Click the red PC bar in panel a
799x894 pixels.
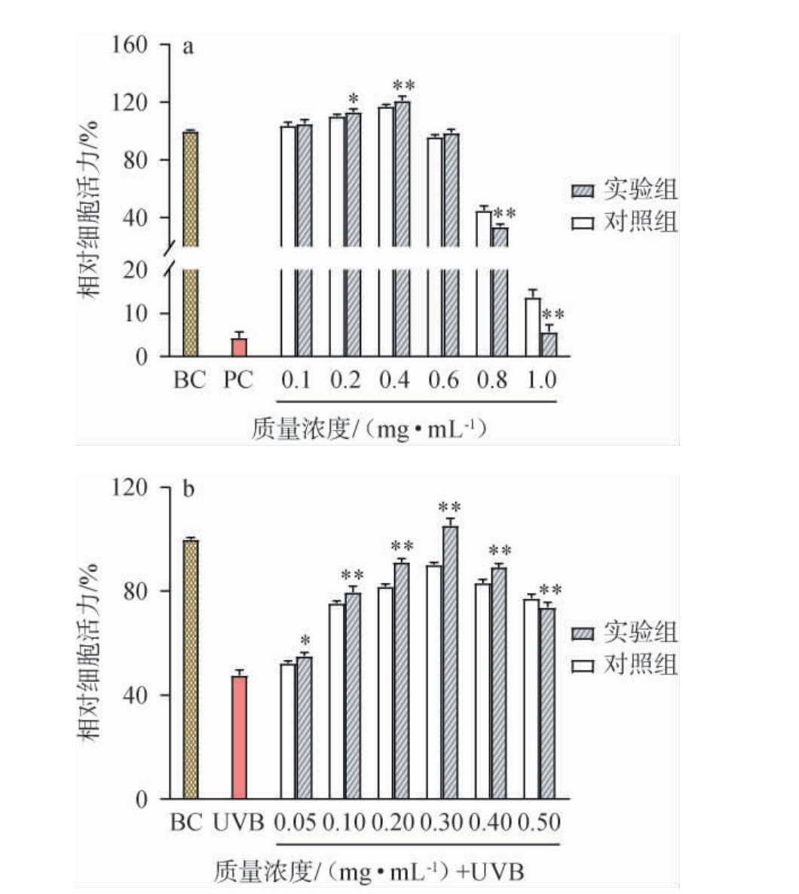click(239, 347)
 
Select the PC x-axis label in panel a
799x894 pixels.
click(238, 379)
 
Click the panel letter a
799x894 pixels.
click(188, 48)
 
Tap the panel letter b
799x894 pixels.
click(188, 489)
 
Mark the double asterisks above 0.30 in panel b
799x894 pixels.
click(450, 508)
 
